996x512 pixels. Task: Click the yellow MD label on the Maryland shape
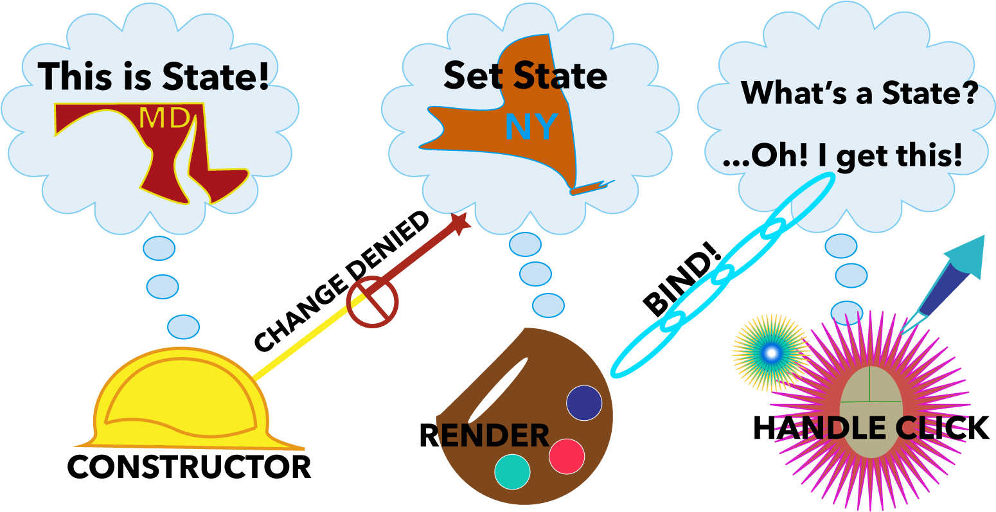[x=165, y=118]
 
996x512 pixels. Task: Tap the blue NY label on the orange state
[x=531, y=127]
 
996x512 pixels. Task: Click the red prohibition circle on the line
[x=372, y=301]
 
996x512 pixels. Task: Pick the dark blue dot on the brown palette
[x=584, y=403]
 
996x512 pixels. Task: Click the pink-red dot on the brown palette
[x=567, y=456]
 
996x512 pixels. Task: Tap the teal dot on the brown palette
[x=512, y=472]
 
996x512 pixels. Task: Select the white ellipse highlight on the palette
[x=498, y=390]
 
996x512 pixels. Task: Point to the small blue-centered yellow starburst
[x=771, y=352]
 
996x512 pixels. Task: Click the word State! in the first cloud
[x=215, y=76]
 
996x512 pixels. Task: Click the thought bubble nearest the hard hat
[x=183, y=326]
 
